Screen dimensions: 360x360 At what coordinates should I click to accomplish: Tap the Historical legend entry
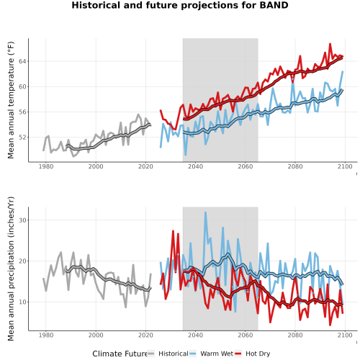click(x=168, y=354)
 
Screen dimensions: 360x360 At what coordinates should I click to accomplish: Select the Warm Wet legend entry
click(x=211, y=354)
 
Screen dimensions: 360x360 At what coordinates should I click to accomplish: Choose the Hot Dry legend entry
click(x=252, y=354)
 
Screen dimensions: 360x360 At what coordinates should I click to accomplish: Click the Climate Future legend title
click(x=120, y=354)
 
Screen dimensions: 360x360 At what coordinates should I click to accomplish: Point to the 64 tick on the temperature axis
click(x=22, y=61)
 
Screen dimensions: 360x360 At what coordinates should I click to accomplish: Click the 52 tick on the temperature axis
click(x=22, y=138)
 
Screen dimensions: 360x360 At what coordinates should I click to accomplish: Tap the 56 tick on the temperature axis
click(x=22, y=112)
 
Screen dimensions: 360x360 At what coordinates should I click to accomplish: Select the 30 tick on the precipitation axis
click(x=22, y=220)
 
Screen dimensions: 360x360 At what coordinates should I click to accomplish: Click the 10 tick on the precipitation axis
click(x=22, y=302)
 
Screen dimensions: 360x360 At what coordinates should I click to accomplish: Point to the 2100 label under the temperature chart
click(x=345, y=166)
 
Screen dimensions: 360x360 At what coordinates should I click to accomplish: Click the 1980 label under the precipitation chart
click(x=46, y=335)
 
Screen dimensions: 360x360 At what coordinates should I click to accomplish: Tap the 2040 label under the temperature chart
click(x=195, y=166)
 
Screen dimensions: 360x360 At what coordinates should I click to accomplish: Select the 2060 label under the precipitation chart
click(x=246, y=335)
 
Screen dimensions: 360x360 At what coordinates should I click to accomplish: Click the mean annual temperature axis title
click(x=11, y=100)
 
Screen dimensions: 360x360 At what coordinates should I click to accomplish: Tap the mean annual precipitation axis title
click(x=11, y=269)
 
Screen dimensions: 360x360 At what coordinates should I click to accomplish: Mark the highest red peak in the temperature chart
click(x=330, y=44)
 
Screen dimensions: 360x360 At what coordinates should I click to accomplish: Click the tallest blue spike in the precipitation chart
click(x=205, y=212)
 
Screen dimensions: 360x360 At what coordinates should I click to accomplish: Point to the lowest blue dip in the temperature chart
click(x=185, y=155)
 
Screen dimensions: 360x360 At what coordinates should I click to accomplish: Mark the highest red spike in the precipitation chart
click(x=173, y=231)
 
